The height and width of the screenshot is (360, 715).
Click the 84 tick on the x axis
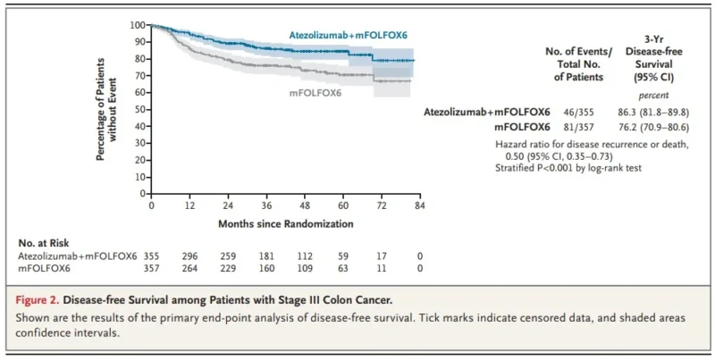[418, 205]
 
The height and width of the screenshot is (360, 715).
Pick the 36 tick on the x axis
[266, 205]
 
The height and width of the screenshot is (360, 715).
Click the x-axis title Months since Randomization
[285, 222]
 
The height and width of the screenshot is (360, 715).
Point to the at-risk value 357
[151, 268]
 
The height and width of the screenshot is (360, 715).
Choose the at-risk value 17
[381, 255]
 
